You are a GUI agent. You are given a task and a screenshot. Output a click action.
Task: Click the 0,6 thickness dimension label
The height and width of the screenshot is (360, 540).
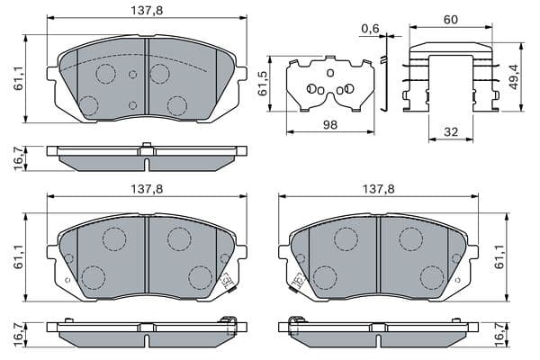coord(370,28)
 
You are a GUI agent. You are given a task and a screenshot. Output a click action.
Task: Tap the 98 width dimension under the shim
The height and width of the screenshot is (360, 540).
coord(330,125)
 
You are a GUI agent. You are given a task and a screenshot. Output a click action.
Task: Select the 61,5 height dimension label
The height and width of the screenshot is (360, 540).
coord(264,84)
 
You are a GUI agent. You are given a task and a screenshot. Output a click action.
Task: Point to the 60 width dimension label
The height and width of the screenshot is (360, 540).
coord(451,20)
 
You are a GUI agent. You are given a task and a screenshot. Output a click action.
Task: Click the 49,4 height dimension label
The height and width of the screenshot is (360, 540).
coord(514,78)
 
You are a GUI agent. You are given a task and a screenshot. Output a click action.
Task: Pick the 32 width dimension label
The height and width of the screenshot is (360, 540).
coord(451,132)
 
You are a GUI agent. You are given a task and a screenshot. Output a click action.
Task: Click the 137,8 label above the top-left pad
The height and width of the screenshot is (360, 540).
coord(147,11)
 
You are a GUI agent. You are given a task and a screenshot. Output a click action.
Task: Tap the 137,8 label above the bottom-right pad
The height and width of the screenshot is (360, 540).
coord(379,189)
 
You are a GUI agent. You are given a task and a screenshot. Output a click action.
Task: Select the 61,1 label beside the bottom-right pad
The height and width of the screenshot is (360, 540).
coord(499,256)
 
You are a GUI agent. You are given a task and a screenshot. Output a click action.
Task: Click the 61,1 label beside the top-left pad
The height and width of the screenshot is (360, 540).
coord(18,78)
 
